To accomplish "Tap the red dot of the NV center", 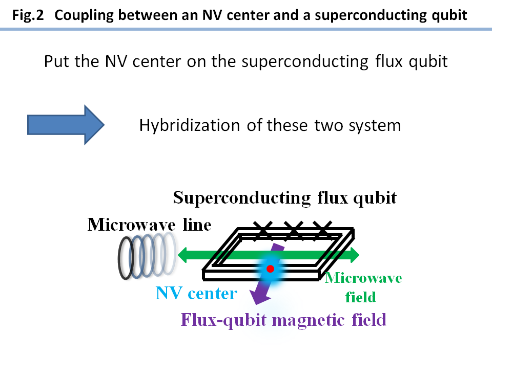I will [x=270, y=269].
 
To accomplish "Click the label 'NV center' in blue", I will [x=196, y=294].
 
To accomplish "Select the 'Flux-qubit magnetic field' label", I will [x=283, y=320].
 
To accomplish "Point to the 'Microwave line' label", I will [x=149, y=225].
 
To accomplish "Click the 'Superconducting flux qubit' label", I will [x=284, y=198].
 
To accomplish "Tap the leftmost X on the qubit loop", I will [x=263, y=231].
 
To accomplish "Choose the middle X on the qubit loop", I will [x=293, y=231].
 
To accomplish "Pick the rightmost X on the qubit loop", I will [x=322, y=231].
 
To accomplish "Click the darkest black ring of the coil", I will [x=127, y=258].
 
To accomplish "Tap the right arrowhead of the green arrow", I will [x=353, y=254].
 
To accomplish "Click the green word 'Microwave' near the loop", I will [x=364, y=278].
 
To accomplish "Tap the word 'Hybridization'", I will [x=189, y=125].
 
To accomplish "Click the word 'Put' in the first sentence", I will [x=54, y=62].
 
